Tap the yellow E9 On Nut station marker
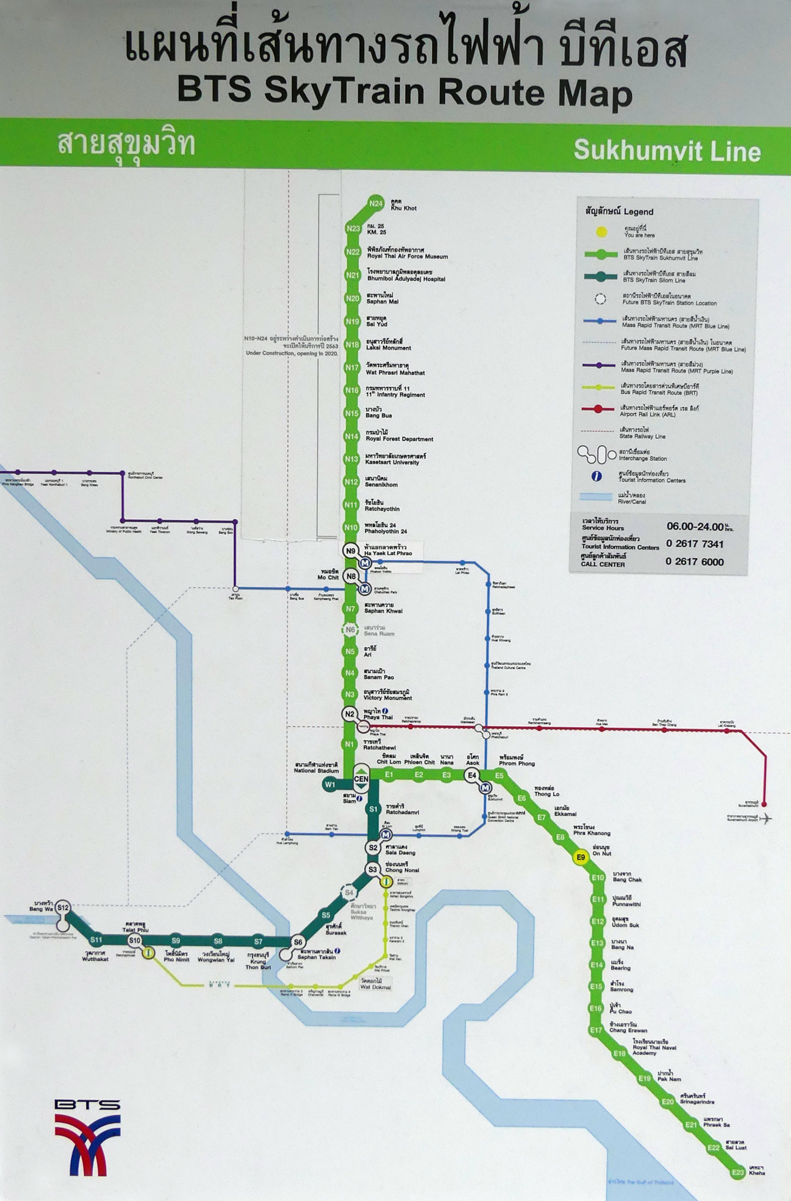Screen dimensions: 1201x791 click(581, 857)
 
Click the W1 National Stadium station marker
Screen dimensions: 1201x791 click(330, 784)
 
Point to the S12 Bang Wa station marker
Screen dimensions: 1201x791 click(62, 907)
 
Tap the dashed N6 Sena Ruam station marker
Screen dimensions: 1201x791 click(350, 630)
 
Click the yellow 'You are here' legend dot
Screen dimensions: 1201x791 click(601, 232)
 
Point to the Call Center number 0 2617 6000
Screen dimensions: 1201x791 click(694, 562)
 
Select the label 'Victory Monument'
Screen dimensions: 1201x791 click(387, 698)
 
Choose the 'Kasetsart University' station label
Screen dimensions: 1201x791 click(392, 462)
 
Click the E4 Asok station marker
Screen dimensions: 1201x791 click(472, 775)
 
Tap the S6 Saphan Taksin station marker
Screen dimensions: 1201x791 click(298, 942)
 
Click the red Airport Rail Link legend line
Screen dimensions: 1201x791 click(598, 409)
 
